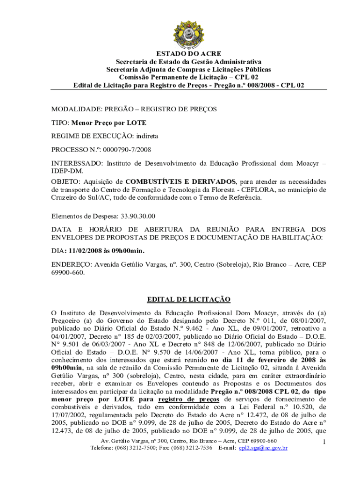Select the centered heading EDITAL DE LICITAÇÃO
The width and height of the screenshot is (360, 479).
(x=189, y=299)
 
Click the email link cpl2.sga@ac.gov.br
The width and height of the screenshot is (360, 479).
(x=263, y=448)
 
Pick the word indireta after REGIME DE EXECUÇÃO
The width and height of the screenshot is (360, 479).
(x=146, y=136)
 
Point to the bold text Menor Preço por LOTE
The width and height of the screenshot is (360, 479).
(x=109, y=123)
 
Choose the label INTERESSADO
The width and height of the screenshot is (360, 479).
(x=77, y=163)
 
